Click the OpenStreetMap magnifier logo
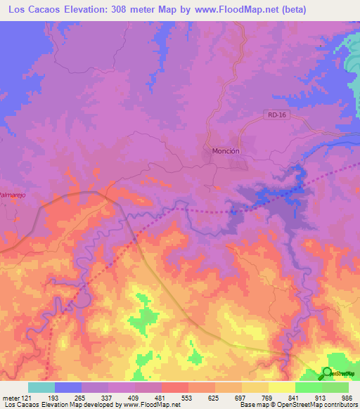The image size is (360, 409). (328, 373)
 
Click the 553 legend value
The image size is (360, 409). (188, 397)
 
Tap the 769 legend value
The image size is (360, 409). (268, 397)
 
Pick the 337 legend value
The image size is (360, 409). (108, 397)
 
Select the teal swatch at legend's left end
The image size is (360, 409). (41, 387)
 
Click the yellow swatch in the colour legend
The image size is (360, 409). (281, 387)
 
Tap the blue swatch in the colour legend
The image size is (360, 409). (68, 387)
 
